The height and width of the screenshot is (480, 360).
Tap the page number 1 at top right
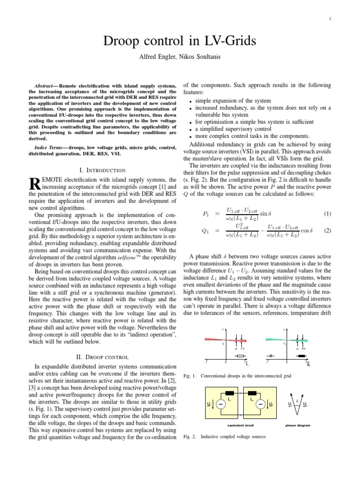[330, 19]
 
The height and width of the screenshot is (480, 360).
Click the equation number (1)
[327, 214]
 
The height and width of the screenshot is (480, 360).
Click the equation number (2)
[327, 231]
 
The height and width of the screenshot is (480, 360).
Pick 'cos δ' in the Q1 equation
[306, 231]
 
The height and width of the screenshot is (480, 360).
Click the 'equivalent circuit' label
[239, 426]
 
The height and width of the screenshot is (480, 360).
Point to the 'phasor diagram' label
[298, 426]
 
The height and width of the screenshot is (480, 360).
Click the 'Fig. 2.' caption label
[188, 436]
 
